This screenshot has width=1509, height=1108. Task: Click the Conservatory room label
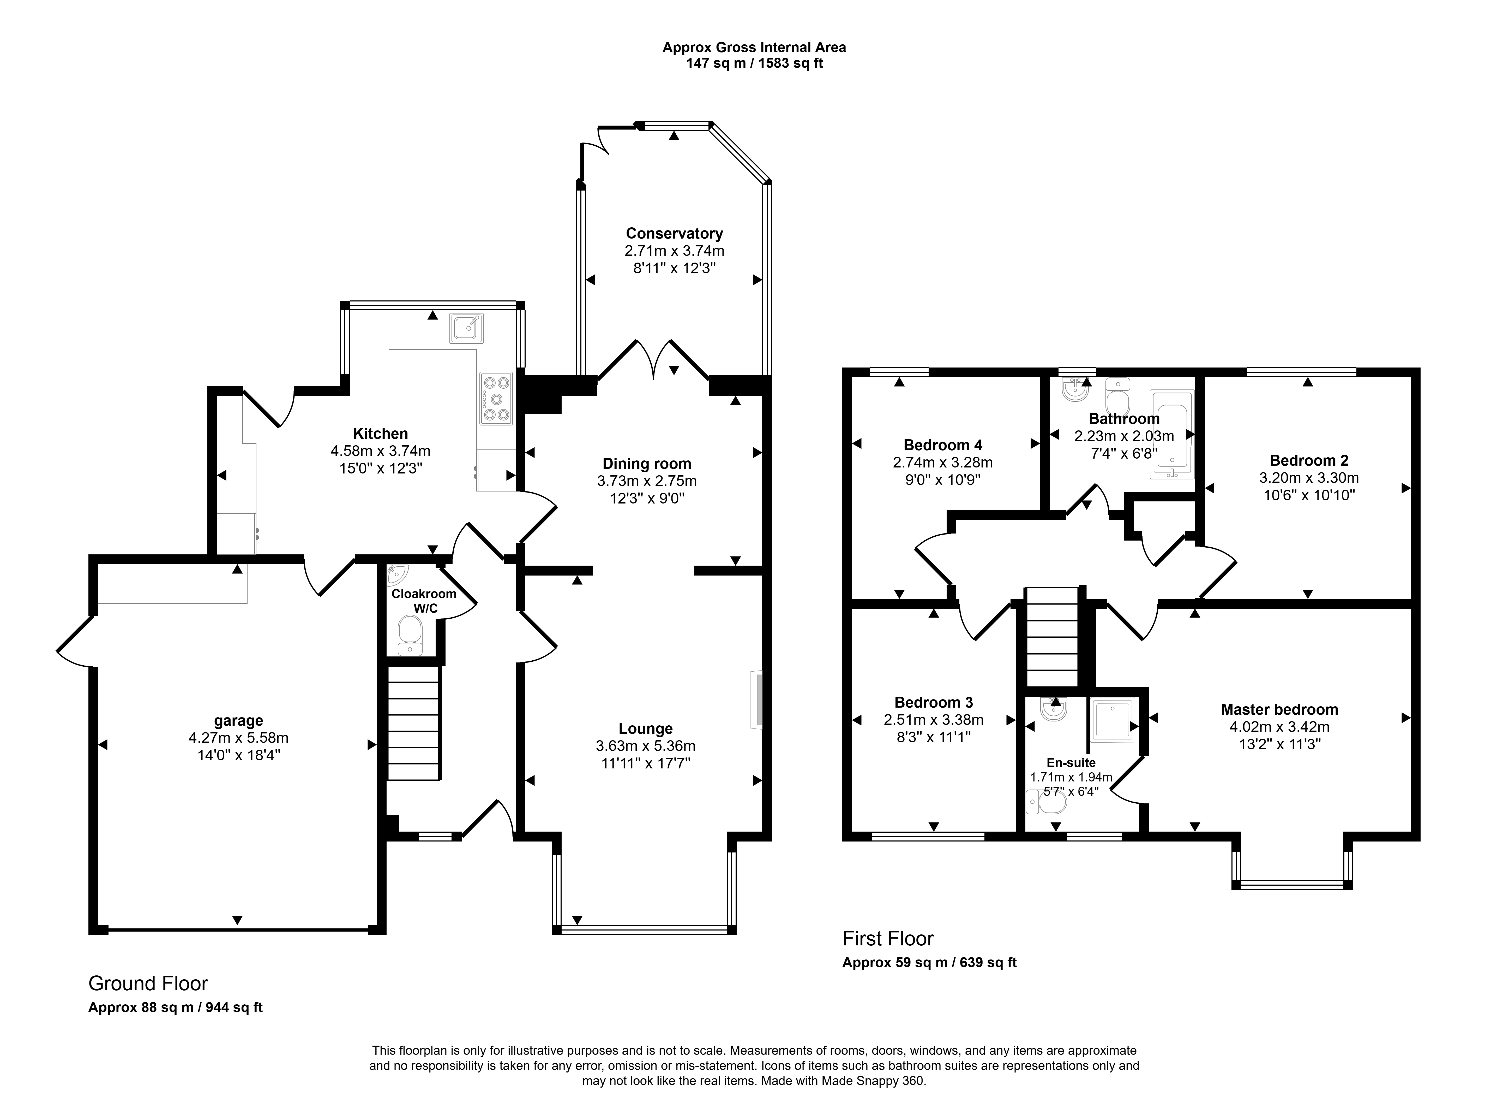[674, 233]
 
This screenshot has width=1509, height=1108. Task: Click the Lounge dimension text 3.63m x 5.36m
[646, 746]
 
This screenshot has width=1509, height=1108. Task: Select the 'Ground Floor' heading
[148, 983]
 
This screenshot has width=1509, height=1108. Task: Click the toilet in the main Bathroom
[1117, 398]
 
